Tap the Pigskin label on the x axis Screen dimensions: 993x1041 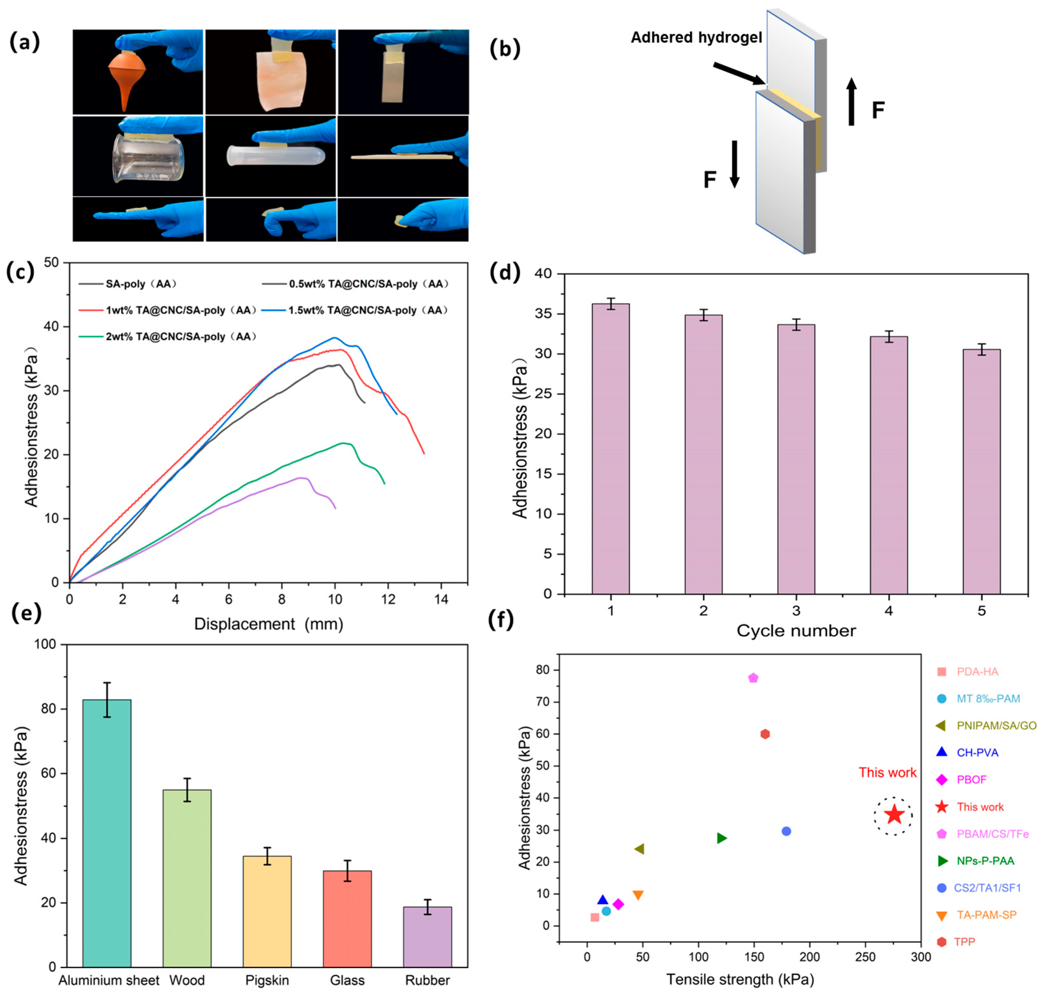tap(267, 980)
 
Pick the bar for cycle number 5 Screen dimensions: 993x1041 tap(981, 471)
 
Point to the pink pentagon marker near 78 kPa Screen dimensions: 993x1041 tap(753, 678)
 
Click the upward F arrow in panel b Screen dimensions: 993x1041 tap(851, 102)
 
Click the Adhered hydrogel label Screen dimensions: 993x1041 tap(696, 38)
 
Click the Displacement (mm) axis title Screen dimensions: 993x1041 tap(269, 624)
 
